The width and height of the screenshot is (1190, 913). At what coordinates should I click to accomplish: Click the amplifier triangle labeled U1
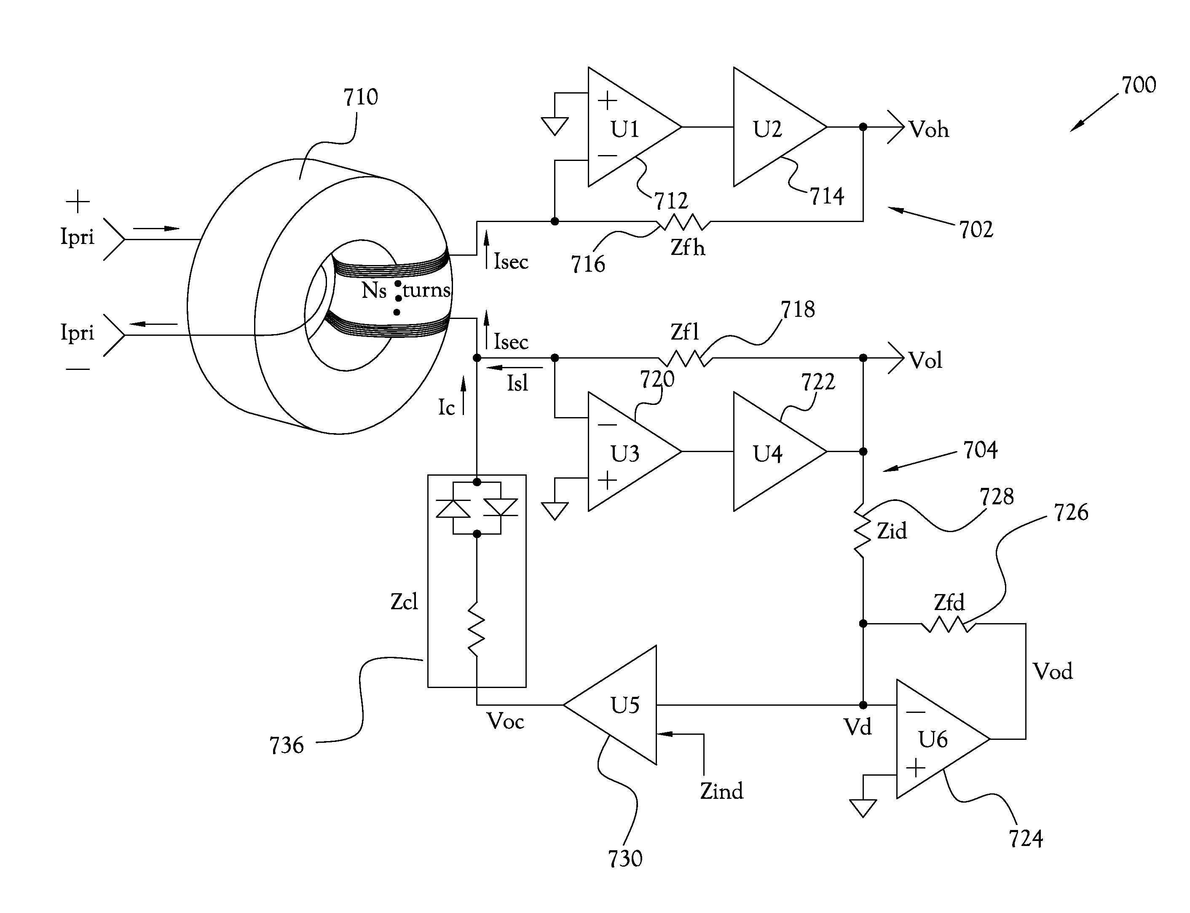coord(625,127)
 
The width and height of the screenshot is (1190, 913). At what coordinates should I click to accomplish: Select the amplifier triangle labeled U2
coord(772,127)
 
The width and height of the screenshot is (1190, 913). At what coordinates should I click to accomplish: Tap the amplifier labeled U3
coord(625,452)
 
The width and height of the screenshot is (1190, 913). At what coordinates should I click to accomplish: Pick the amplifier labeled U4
coord(772,452)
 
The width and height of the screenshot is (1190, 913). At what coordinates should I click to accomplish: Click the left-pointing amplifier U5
coord(619,705)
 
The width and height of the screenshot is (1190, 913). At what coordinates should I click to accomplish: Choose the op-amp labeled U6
coord(935,739)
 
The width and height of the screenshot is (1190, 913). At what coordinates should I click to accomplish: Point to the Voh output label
coord(929,130)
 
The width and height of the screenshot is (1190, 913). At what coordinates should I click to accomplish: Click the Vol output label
coord(926,360)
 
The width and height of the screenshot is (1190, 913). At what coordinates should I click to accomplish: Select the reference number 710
coord(361,97)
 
